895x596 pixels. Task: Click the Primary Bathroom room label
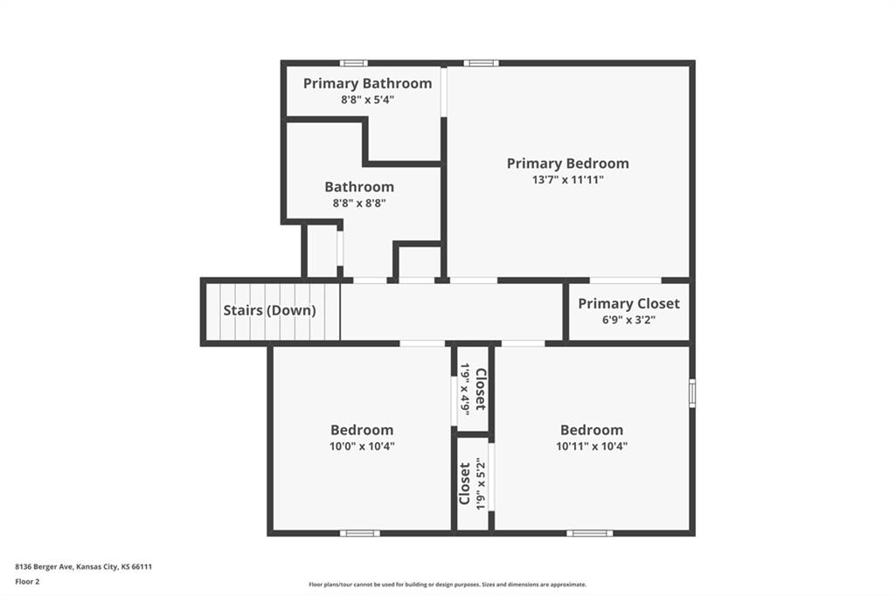click(x=368, y=83)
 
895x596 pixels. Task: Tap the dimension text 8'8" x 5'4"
click(x=368, y=100)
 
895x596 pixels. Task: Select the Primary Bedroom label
click(x=568, y=163)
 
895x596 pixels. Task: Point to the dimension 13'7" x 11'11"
click(x=568, y=180)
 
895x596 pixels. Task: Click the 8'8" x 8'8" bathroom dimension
click(x=359, y=204)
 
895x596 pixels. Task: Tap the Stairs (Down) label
click(x=269, y=310)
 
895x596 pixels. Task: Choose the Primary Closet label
click(x=629, y=304)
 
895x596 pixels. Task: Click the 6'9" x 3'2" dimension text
click(x=629, y=320)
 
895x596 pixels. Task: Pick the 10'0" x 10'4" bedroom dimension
click(x=362, y=447)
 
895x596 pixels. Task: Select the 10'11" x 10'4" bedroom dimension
click(x=592, y=447)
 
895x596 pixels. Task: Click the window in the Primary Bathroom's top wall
click(x=354, y=64)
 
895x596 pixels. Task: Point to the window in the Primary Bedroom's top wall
click(x=481, y=64)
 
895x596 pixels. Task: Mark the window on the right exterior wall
click(x=692, y=392)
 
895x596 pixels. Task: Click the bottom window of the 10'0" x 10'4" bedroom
click(x=360, y=533)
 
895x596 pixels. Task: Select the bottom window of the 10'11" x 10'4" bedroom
click(x=590, y=533)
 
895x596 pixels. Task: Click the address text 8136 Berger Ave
click(x=44, y=567)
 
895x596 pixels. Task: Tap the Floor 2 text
click(x=27, y=582)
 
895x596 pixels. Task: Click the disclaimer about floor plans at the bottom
click(x=447, y=585)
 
